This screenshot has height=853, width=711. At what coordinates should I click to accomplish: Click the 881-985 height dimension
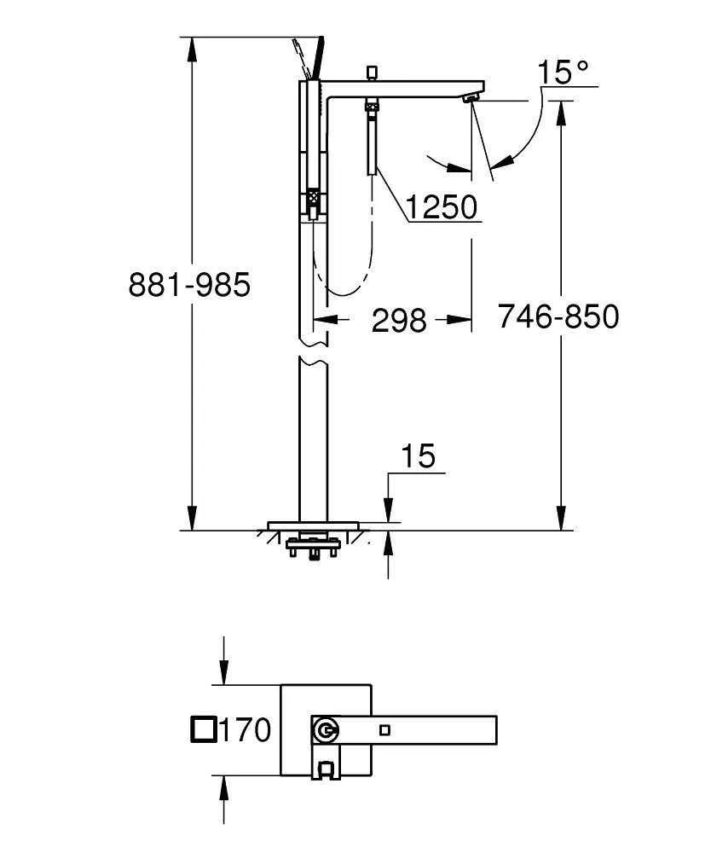[x=189, y=284]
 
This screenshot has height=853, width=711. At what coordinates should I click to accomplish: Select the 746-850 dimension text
[x=558, y=316]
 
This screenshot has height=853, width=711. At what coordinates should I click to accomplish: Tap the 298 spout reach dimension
[x=399, y=320]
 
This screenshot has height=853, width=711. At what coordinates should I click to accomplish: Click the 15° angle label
[x=563, y=73]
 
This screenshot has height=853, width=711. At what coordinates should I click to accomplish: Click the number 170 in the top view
[x=246, y=730]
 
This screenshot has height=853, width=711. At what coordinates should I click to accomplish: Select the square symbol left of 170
[x=203, y=730]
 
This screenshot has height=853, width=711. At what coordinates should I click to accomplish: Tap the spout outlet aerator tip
[x=471, y=101]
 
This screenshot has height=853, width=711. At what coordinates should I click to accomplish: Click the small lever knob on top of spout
[x=372, y=70]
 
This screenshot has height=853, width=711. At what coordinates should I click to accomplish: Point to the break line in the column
[x=313, y=351]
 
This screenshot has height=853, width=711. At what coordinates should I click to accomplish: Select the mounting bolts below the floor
[x=315, y=545]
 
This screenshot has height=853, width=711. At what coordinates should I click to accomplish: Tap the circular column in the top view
[x=326, y=730]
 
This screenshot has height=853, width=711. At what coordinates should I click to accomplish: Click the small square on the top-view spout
[x=385, y=729]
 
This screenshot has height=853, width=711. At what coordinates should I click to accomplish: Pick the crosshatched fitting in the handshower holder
[x=313, y=203]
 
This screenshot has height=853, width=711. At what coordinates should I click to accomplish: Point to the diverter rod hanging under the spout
[x=373, y=141]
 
